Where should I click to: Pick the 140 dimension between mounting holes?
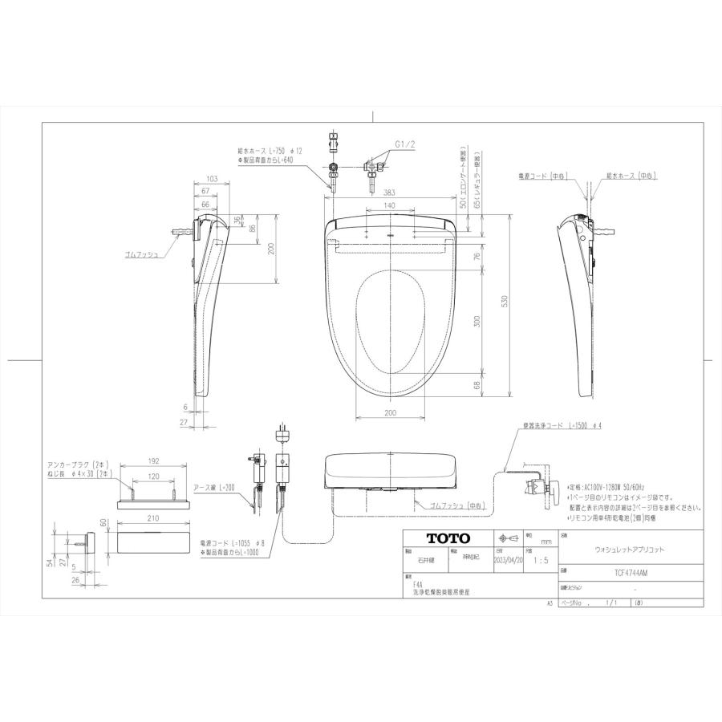click(388, 206)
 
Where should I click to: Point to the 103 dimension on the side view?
click(212, 178)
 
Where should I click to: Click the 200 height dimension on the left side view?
click(271, 249)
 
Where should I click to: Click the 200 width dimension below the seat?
click(388, 412)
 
